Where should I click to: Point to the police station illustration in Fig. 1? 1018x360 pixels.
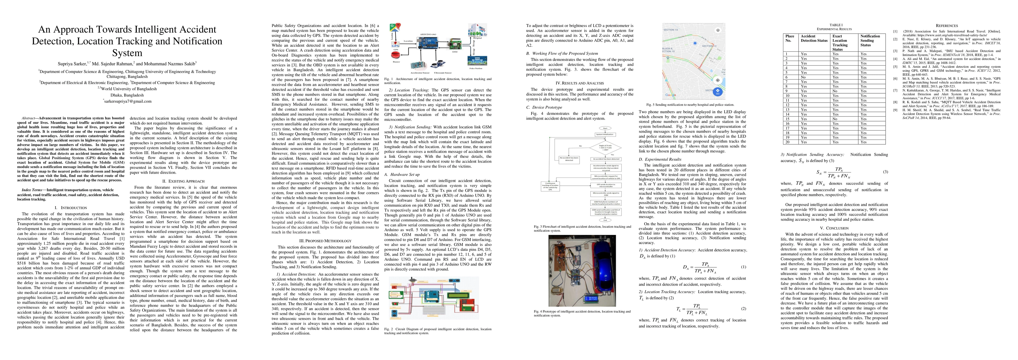pyautogui.click(x=475, y=61)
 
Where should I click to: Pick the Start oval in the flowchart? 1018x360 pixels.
pyautogui.click(x=605, y=128)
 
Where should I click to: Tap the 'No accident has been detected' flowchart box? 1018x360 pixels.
pyautogui.click(x=569, y=159)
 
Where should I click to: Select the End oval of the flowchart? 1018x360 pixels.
pyautogui.click(x=605, y=220)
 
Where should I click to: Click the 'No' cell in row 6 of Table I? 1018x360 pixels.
pyautogui.click(x=803, y=77)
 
